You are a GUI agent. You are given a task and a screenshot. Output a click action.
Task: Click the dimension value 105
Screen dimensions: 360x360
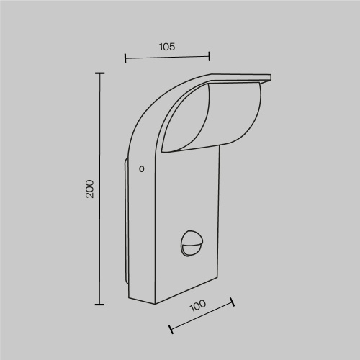click(x=166, y=46)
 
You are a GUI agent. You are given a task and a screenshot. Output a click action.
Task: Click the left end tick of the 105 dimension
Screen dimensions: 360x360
click(x=125, y=58)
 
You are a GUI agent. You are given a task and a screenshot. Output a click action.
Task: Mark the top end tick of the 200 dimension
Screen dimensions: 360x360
click(x=99, y=73)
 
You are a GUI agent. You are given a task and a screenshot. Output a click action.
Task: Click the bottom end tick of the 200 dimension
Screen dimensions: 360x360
click(x=99, y=305)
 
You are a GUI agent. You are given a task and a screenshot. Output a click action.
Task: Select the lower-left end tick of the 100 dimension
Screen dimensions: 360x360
click(x=171, y=330)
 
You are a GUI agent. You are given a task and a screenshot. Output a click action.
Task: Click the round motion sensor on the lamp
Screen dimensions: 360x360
click(x=191, y=243)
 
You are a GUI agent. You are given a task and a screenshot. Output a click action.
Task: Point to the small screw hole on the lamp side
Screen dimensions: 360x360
click(x=141, y=169)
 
